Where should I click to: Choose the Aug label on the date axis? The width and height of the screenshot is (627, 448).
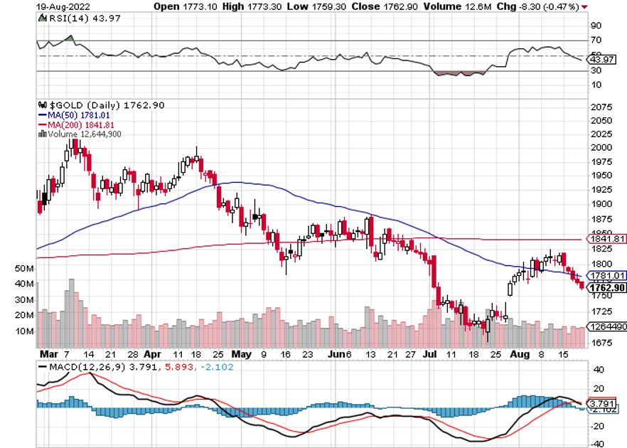coord(520,353)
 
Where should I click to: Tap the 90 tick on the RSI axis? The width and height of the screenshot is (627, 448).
coord(596,25)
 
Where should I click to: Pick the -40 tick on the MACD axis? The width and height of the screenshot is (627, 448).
coord(597,444)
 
